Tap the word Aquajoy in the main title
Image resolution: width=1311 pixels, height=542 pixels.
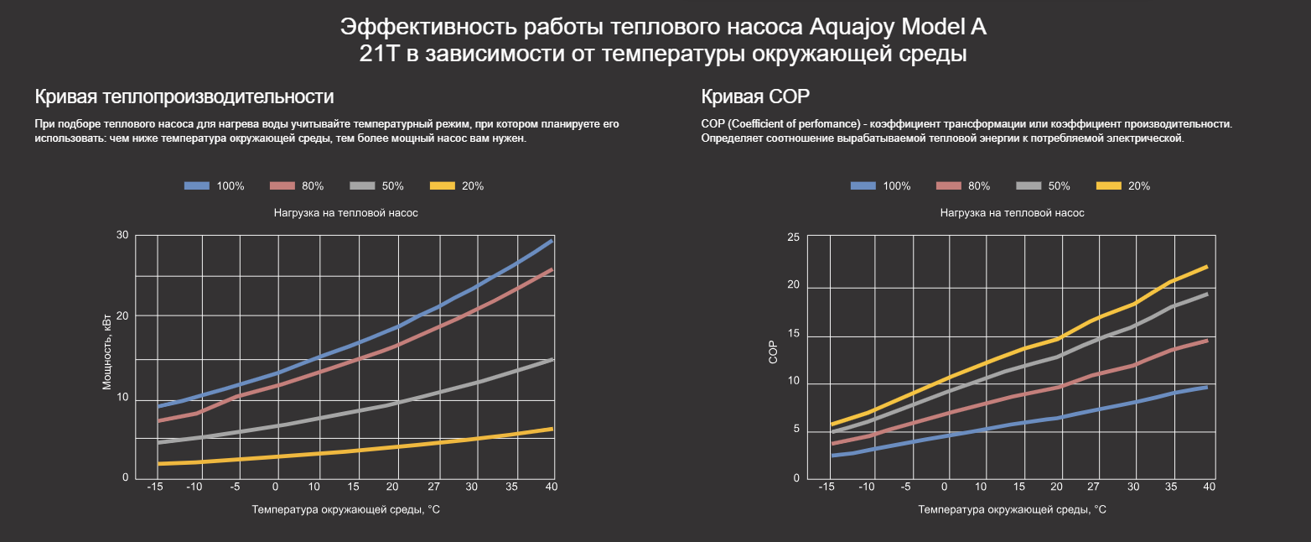pos(852,27)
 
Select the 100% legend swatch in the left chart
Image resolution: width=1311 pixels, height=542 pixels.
pos(196,186)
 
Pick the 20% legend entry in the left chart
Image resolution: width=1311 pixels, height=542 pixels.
pos(456,186)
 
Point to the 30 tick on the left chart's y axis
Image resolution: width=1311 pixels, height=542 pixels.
pos(122,235)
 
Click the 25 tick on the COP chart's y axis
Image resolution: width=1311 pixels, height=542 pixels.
pos(793,237)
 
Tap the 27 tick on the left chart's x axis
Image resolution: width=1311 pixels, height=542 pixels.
pos(433,487)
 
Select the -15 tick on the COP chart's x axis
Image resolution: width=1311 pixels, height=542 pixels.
pos(826,487)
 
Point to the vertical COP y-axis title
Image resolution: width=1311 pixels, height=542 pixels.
pos(774,353)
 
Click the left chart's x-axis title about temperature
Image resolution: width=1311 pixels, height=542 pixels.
pos(345,509)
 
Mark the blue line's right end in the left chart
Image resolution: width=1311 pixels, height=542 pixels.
pos(552,241)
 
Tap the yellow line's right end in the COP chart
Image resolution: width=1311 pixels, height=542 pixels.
pos(1206,267)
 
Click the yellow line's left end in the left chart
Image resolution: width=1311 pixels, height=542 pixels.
pos(158,463)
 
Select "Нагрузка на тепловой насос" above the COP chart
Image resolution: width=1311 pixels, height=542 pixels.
pos(1012,213)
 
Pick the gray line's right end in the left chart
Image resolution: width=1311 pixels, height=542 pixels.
pos(552,359)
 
